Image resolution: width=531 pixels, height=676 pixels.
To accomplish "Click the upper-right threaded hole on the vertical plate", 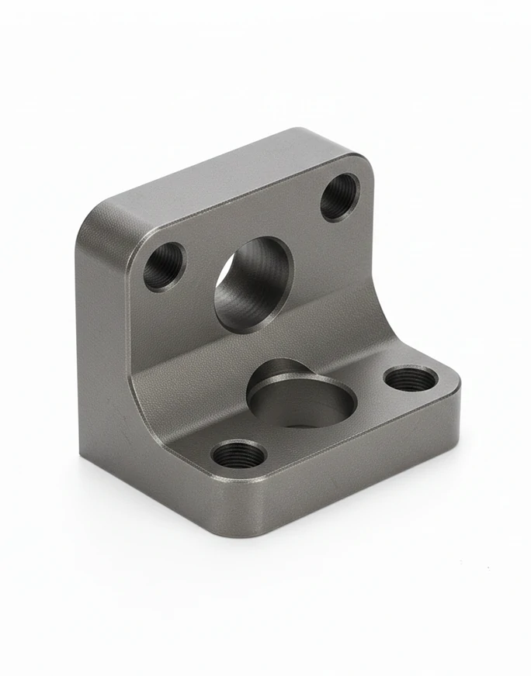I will click(339, 197).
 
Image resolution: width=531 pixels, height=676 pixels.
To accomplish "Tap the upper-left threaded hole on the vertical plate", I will click(165, 267).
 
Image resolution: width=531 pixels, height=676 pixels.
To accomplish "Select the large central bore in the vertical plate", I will click(253, 285).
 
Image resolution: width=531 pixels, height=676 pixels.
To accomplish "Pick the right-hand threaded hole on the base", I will click(411, 379).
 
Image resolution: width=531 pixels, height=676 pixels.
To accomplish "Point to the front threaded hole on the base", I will click(239, 454).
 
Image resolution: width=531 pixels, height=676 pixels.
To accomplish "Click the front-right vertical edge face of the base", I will click(365, 473).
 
